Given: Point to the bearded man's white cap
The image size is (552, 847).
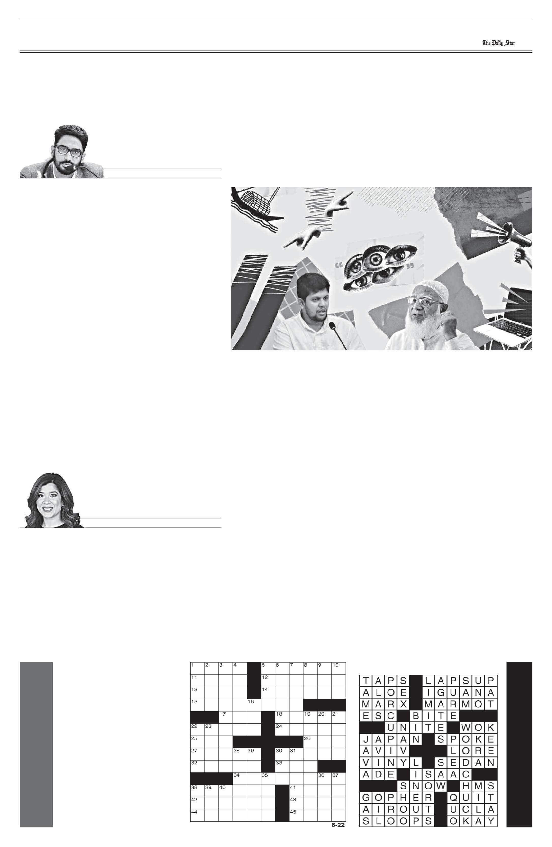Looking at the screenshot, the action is click(432, 291).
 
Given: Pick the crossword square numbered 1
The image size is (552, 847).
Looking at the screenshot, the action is click(197, 668).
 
